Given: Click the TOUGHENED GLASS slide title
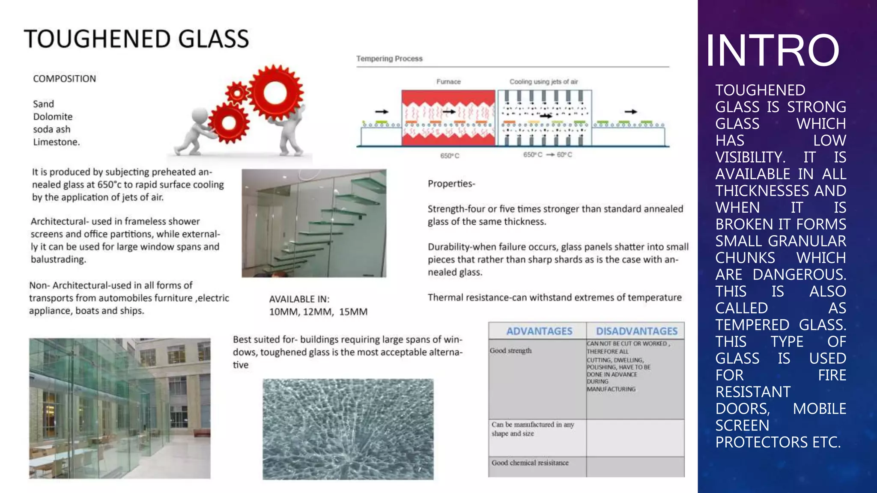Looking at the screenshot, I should click(x=136, y=39).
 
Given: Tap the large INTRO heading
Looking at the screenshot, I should click(x=772, y=50).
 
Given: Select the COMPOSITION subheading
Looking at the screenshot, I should click(x=64, y=79).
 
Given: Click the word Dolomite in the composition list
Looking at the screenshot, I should click(x=53, y=117).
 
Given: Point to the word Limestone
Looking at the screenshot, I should click(x=56, y=142).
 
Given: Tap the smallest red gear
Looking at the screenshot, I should click(x=237, y=92).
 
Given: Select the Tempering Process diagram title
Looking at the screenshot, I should click(x=389, y=59).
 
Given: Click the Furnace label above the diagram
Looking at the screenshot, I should click(x=448, y=82).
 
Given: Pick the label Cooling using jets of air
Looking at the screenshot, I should click(x=543, y=82).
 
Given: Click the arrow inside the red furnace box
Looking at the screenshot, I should click(x=449, y=112).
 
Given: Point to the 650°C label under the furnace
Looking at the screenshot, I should click(x=450, y=156).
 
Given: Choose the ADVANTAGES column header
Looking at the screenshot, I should click(x=539, y=331).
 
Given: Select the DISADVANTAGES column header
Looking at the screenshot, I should click(x=636, y=331).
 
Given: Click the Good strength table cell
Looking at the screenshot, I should click(x=510, y=351).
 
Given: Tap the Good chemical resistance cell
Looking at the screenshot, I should click(x=530, y=463).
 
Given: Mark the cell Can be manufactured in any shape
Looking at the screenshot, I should click(x=532, y=429).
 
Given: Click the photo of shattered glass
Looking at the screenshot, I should click(x=348, y=429).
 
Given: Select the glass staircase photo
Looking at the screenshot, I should click(x=314, y=223).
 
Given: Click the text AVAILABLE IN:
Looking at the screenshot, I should click(x=299, y=299).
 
